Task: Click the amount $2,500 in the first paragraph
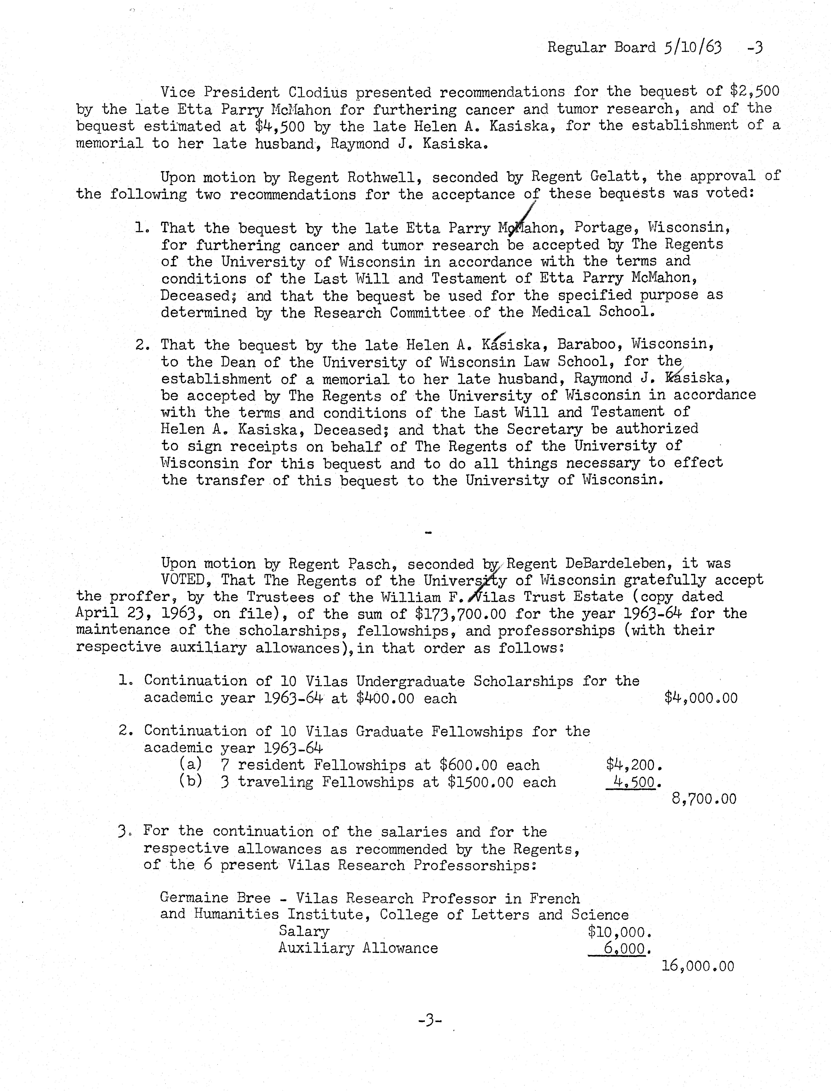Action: (x=755, y=91)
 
